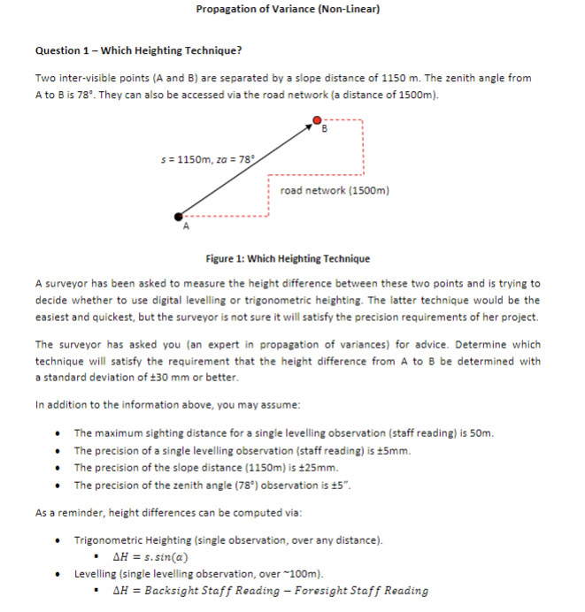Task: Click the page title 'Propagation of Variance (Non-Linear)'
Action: point(288,9)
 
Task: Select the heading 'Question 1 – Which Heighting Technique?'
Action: point(138,50)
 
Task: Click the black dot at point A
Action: point(180,216)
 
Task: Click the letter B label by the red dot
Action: point(325,131)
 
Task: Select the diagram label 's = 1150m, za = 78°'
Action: point(202,159)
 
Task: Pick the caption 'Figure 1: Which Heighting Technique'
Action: point(288,259)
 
